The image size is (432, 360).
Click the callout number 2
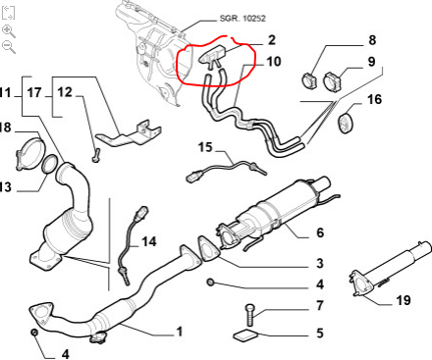(x=272, y=40)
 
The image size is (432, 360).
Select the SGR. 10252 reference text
(x=243, y=19)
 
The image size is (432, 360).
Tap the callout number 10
(x=274, y=62)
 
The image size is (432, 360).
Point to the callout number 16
(x=374, y=99)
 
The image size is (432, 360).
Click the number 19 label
(x=403, y=300)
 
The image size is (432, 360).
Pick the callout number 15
(x=205, y=147)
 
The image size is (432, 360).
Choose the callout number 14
(x=149, y=241)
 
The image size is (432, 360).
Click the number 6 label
(x=320, y=232)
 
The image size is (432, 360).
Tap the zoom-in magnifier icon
(x=9, y=31)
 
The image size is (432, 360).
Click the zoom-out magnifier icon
(x=9, y=47)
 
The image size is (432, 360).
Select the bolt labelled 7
(x=249, y=315)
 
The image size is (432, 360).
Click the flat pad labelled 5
(x=245, y=334)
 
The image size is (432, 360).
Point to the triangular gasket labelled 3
(x=207, y=249)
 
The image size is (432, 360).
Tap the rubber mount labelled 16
(x=345, y=124)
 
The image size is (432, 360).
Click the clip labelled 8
(x=309, y=80)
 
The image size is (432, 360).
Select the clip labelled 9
(x=332, y=82)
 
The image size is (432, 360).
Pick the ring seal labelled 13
(x=49, y=165)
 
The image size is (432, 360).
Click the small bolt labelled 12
(x=96, y=155)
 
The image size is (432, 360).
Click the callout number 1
(x=179, y=332)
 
